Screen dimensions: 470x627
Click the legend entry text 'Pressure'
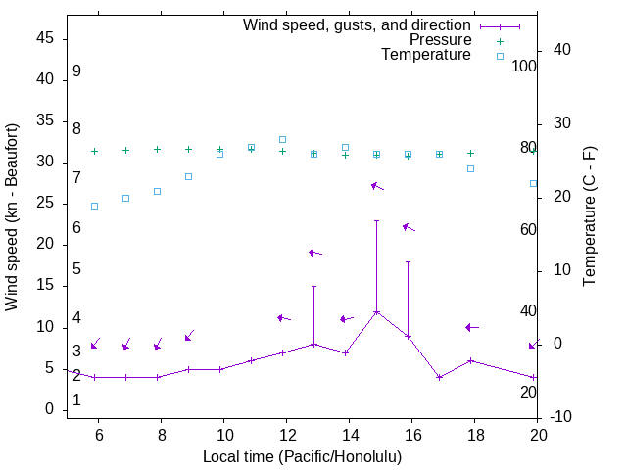pos(440,40)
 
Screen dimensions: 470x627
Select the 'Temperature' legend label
pos(426,55)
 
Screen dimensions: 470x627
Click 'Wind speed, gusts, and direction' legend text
pos(358,25)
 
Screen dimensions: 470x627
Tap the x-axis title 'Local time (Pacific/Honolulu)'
pos(302,457)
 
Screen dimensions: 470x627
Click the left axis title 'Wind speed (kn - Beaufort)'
pos(12,217)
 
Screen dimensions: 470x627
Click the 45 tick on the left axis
pos(45,38)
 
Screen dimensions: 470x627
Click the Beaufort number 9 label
pos(76,71)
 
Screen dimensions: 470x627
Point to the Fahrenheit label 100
pos(524,67)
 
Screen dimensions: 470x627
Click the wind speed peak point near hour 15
pos(376,312)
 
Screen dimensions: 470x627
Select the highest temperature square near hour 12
pos(282,139)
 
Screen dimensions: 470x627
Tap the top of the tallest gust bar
pos(376,221)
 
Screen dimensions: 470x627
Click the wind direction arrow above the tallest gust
pos(377,186)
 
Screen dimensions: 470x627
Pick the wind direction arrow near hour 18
pos(471,327)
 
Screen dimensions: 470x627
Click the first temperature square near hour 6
pos(94,206)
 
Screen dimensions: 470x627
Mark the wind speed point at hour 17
pos(439,377)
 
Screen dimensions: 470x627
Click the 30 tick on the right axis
pos(560,123)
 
